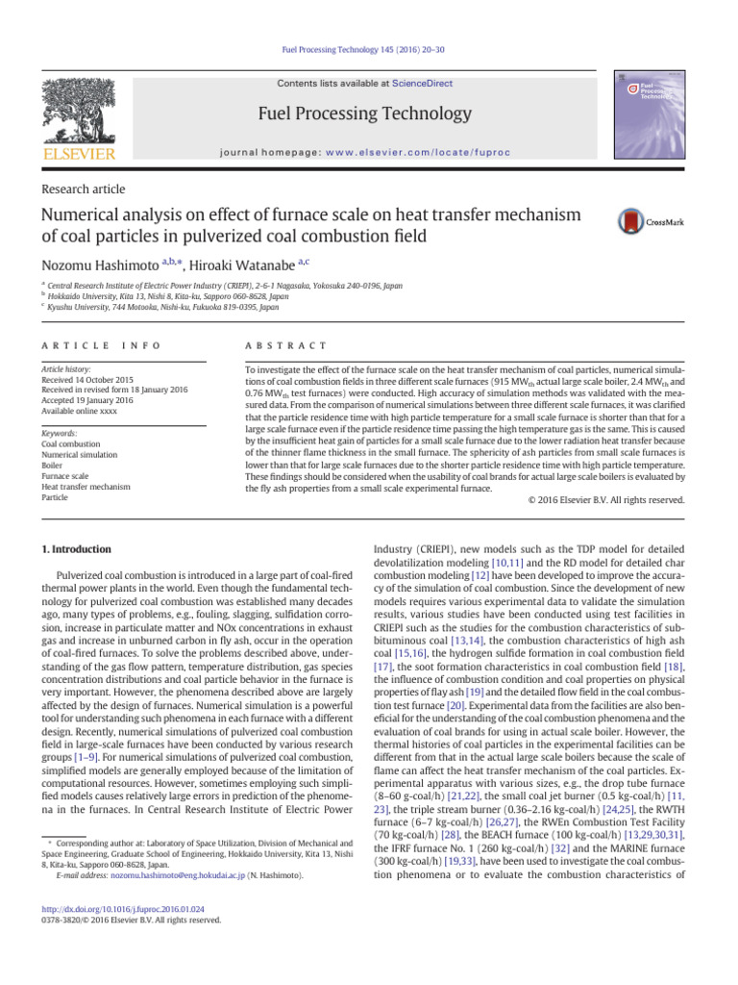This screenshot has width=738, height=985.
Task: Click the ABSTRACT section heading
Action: tap(286, 344)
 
